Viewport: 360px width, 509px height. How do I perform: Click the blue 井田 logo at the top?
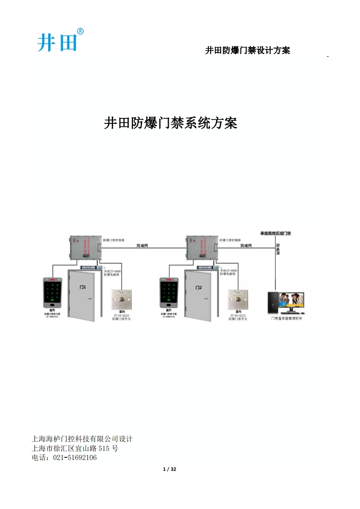[x=58, y=41]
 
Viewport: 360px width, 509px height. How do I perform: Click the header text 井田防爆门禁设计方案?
[x=247, y=50]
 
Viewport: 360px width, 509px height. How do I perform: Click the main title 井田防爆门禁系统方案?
[x=171, y=123]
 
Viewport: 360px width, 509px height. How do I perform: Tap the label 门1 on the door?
[x=83, y=288]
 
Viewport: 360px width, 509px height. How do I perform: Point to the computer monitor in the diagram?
[x=292, y=302]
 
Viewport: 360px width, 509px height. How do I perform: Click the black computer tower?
[x=273, y=302]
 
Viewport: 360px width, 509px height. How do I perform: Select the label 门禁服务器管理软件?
[x=286, y=318]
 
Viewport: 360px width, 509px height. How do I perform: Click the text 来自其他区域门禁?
[x=276, y=234]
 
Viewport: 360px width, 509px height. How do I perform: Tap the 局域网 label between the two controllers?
[x=143, y=245]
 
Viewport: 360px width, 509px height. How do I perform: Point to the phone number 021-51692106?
[x=75, y=458]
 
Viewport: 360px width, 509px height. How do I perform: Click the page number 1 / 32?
[x=170, y=469]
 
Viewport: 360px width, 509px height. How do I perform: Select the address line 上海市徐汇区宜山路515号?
[x=75, y=448]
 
